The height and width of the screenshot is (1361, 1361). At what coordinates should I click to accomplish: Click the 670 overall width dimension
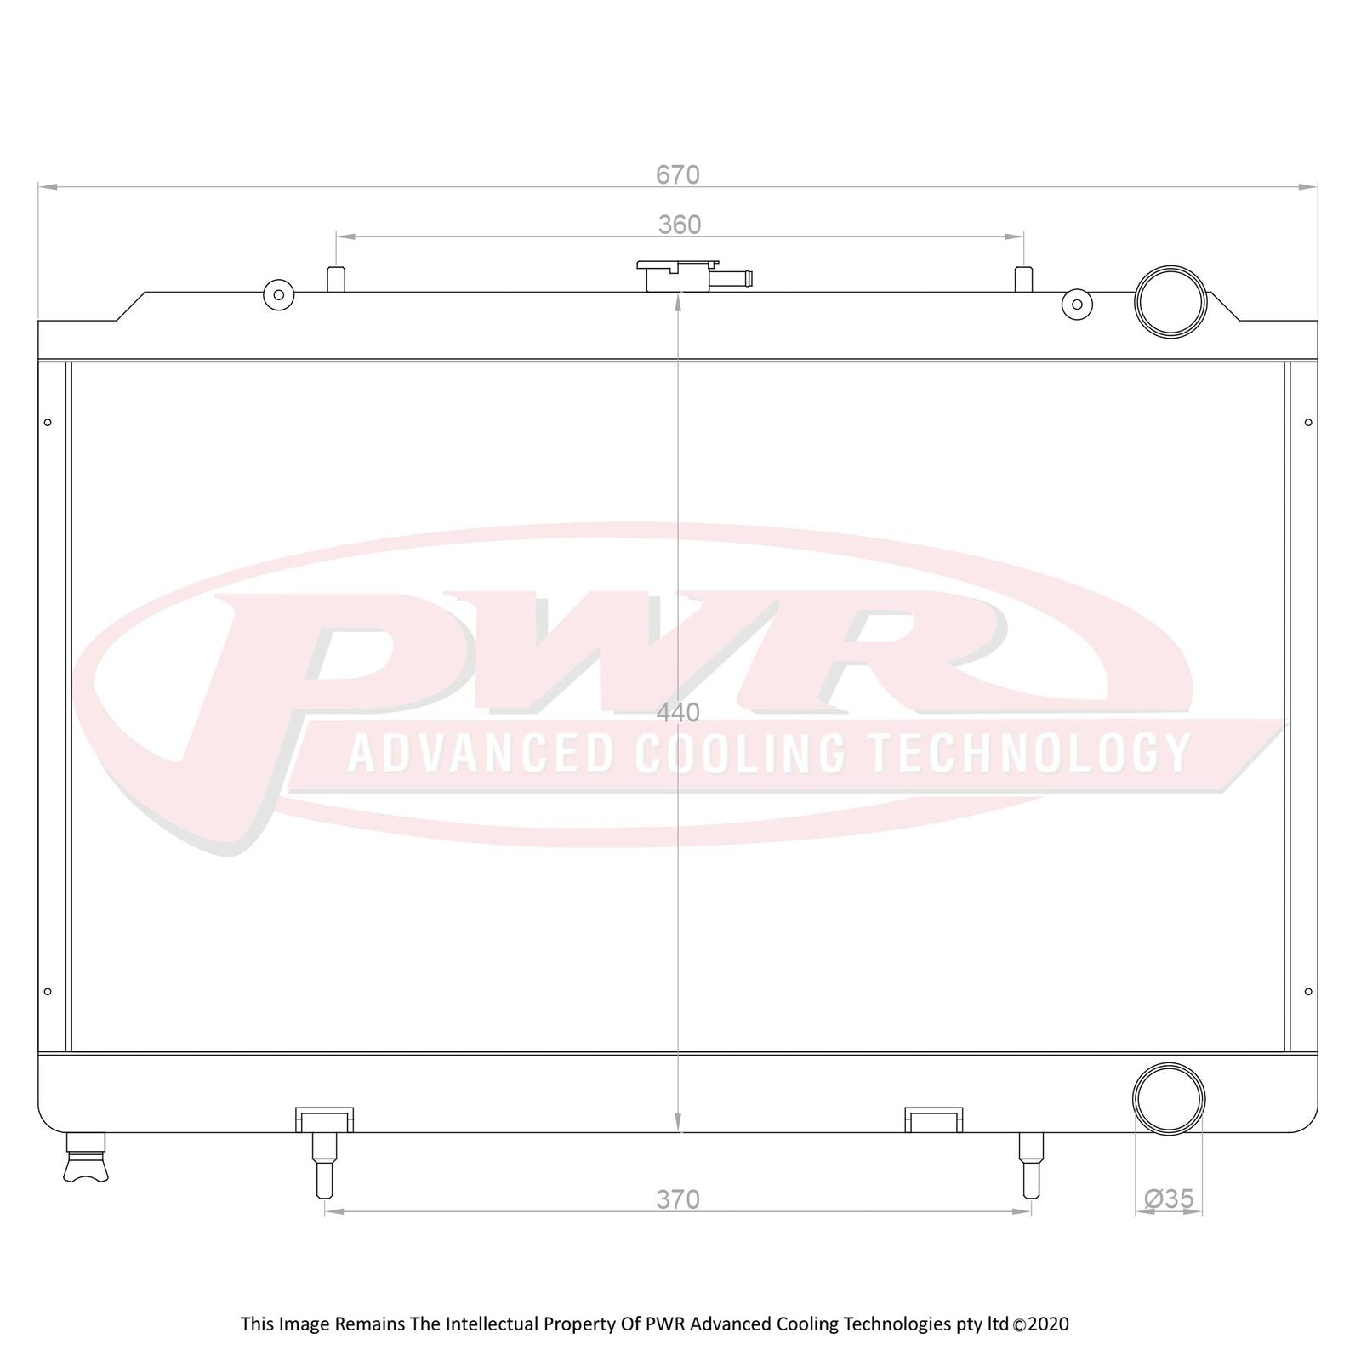point(677,174)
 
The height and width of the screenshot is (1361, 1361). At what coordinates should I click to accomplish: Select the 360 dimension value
point(679,225)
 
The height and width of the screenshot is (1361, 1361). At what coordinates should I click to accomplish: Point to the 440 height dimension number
point(678,713)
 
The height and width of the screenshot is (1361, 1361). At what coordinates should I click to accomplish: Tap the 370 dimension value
point(678,1199)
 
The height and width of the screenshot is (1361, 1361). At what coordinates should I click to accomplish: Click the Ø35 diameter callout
point(1169,1199)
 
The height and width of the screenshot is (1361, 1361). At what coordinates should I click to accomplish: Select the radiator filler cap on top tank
point(677,275)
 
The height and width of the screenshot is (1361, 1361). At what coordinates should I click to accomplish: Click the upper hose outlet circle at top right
point(1170,301)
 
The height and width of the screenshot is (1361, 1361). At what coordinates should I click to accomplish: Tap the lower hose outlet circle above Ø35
point(1169,1098)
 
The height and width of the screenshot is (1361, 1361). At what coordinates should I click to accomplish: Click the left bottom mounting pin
point(324,1165)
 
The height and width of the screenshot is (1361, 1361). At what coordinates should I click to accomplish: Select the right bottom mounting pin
point(1031,1165)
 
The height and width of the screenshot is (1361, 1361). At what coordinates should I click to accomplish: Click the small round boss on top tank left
point(278,295)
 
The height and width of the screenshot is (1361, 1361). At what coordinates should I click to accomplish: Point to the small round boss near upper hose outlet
point(1077,304)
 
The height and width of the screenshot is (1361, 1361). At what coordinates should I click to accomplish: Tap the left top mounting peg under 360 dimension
point(336,279)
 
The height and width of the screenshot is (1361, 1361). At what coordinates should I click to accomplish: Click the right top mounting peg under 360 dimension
point(1024,279)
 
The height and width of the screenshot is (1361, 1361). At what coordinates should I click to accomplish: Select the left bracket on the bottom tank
point(324,1119)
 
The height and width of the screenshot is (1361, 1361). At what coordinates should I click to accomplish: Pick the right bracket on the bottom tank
point(933,1119)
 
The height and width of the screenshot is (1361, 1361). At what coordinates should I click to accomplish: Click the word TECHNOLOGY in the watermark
point(1028,753)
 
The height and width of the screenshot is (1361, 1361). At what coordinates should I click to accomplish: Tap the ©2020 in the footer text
point(1041,1324)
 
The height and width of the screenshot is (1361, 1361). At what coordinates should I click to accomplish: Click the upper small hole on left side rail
point(48,422)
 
